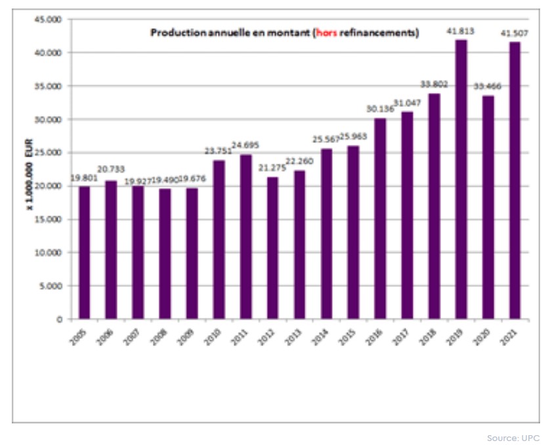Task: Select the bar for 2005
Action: click(84, 252)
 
